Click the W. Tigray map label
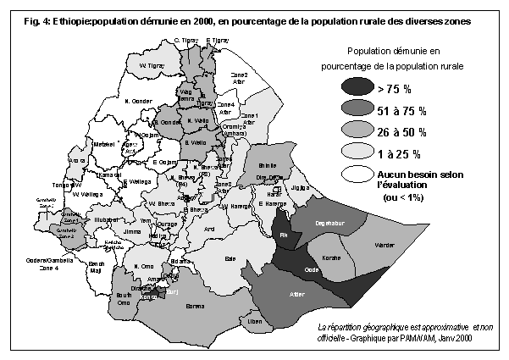point(151,65)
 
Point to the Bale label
point(229,258)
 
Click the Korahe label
point(333,255)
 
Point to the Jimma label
point(132,230)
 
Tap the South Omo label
point(124,298)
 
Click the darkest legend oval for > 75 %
point(360,87)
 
